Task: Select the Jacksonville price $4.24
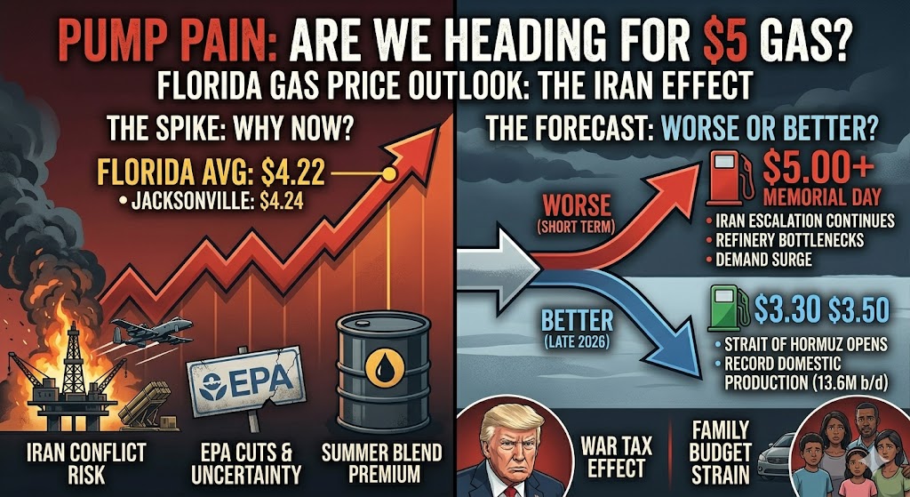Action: coord(281,201)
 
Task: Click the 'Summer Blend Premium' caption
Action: coord(383,462)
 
